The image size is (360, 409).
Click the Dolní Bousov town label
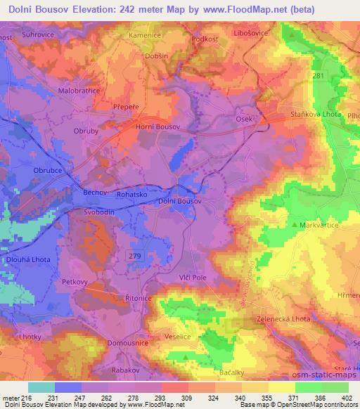point(179,201)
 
